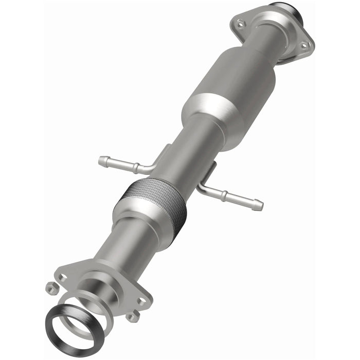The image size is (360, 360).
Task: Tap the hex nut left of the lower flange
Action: click(51, 289)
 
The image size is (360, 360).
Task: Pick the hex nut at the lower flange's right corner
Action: click(133, 316)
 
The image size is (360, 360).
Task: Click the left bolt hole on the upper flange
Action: click(240, 23)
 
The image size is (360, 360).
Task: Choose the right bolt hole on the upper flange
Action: click(303, 45)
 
